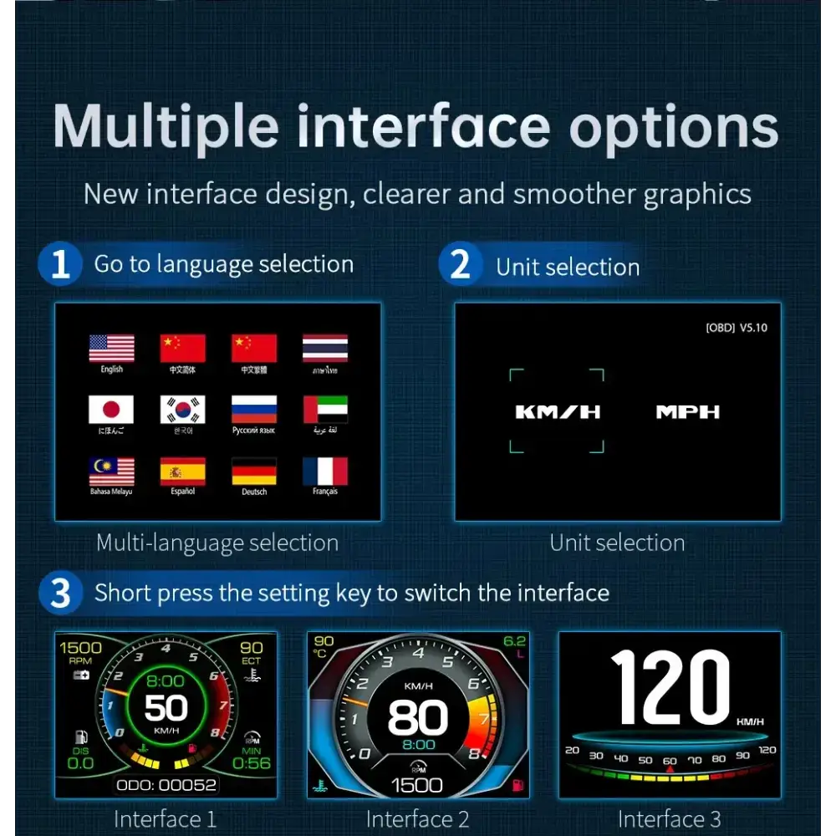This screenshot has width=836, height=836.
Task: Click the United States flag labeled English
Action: (x=111, y=348)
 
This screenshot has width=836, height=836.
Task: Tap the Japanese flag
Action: (x=111, y=410)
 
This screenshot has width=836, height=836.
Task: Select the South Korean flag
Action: (x=182, y=410)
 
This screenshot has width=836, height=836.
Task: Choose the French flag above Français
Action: (x=325, y=471)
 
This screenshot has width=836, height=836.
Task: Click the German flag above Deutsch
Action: (x=254, y=471)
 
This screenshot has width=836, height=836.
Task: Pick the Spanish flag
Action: (x=182, y=471)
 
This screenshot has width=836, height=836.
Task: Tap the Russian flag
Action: (x=254, y=410)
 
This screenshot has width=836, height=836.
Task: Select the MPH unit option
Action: (x=687, y=411)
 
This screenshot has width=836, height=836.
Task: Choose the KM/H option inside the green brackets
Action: (x=558, y=411)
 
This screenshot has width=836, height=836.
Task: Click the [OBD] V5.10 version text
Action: (x=736, y=328)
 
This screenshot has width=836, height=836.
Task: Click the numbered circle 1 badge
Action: (x=60, y=264)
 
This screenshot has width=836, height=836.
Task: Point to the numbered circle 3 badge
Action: (x=60, y=594)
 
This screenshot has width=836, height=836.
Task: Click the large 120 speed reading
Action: (x=670, y=687)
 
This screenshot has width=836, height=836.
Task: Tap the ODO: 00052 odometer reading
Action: (x=166, y=784)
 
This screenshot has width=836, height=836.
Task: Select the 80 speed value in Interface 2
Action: (x=417, y=717)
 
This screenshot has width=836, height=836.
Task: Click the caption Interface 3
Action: (x=669, y=819)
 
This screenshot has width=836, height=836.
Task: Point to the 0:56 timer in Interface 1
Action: (x=251, y=762)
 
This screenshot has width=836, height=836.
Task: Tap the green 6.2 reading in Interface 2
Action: (x=514, y=641)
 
